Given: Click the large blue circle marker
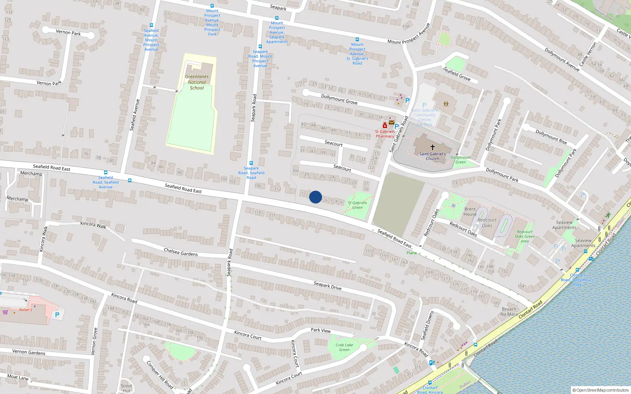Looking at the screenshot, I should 315,197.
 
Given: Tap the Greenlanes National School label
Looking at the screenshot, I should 197,82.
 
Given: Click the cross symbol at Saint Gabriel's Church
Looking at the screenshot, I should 432,147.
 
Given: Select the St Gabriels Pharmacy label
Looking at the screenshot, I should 385,134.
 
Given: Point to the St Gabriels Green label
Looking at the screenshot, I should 357,205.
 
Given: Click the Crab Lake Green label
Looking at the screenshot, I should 344,347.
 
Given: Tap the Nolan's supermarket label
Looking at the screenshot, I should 25,310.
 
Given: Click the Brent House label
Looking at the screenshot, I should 470,212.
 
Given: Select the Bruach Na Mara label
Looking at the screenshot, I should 509,312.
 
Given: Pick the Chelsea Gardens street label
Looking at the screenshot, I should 181,252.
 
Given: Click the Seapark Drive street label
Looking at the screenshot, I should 327,286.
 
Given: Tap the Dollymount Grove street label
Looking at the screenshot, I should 339,99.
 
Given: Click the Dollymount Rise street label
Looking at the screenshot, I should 551,136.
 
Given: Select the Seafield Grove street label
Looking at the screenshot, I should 457,74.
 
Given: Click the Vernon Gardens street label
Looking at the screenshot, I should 29,352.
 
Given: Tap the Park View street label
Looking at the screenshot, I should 321,330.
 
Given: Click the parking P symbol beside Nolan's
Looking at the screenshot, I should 57,315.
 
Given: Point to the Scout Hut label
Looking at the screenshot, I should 126,388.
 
